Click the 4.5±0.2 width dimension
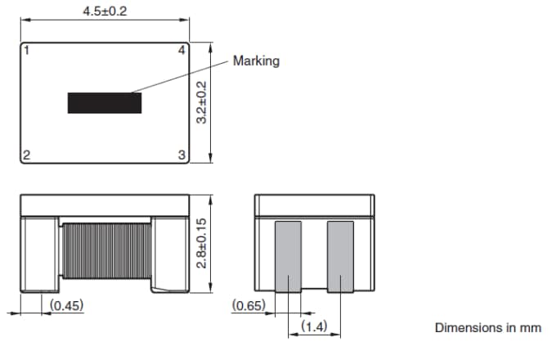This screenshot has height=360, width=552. tap(105, 11)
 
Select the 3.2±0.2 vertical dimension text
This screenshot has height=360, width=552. tap(204, 102)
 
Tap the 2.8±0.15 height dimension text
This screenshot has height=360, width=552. tap(204, 242)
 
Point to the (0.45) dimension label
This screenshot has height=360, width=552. tap(67, 305)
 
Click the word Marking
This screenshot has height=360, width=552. tap(256, 61)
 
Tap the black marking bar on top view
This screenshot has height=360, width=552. tap(104, 102)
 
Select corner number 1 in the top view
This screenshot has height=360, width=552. tap(26, 51)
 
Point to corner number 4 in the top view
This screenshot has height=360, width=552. tap(182, 51)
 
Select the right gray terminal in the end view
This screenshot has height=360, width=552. tap(341, 256)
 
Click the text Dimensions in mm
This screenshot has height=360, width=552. tap(487, 327)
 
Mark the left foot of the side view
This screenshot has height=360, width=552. tap(38, 254)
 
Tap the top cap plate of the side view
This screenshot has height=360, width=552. tap(105, 205)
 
